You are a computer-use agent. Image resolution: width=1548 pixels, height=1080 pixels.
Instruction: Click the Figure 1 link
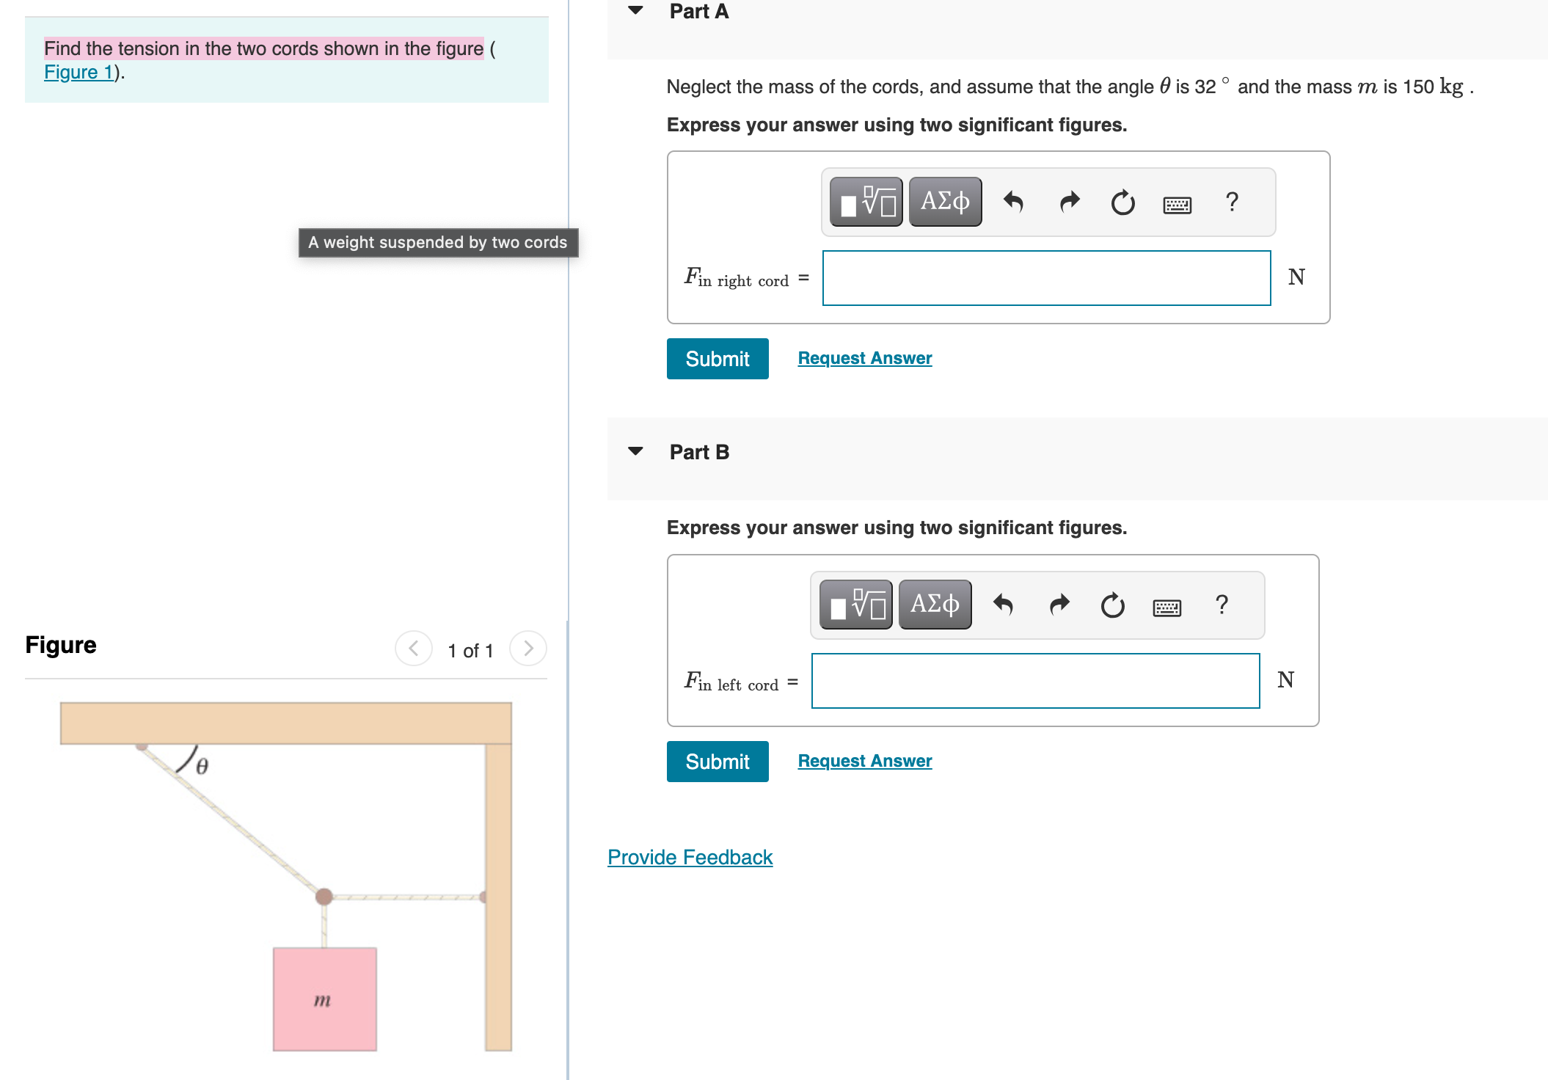(79, 72)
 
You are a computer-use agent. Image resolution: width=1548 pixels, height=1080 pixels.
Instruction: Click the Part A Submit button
(717, 359)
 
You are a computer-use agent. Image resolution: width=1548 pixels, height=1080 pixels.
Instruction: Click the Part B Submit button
(717, 762)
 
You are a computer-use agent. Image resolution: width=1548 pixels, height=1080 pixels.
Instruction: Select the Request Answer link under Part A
(864, 358)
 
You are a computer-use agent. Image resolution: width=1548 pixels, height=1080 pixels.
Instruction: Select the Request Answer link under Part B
(864, 761)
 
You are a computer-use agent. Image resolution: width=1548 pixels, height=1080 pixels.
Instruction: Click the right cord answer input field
(1045, 278)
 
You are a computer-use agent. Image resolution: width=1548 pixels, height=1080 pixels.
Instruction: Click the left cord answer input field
(1034, 681)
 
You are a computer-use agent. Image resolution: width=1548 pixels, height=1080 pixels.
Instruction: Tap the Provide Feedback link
(690, 857)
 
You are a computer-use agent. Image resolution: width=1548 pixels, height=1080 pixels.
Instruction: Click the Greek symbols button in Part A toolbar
(944, 202)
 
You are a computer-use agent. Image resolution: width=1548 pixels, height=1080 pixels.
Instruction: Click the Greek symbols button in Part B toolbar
(934, 605)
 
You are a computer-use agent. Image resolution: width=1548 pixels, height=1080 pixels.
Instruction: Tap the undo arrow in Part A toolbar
(1013, 202)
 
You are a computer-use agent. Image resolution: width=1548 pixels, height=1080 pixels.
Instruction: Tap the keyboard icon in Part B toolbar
(1167, 607)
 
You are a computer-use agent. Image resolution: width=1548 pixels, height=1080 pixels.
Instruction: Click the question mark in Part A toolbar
(1232, 202)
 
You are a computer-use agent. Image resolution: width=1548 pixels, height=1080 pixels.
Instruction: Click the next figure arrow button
(527, 649)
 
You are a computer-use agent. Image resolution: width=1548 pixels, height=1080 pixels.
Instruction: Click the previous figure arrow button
(414, 649)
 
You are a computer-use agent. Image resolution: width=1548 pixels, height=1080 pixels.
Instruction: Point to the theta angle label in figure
(202, 766)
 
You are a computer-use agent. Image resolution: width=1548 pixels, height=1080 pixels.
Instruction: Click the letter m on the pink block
(322, 1000)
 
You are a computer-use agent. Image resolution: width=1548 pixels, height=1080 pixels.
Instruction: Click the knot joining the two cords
(324, 896)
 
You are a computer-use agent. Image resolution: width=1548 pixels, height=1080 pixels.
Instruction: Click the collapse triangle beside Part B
(635, 451)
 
